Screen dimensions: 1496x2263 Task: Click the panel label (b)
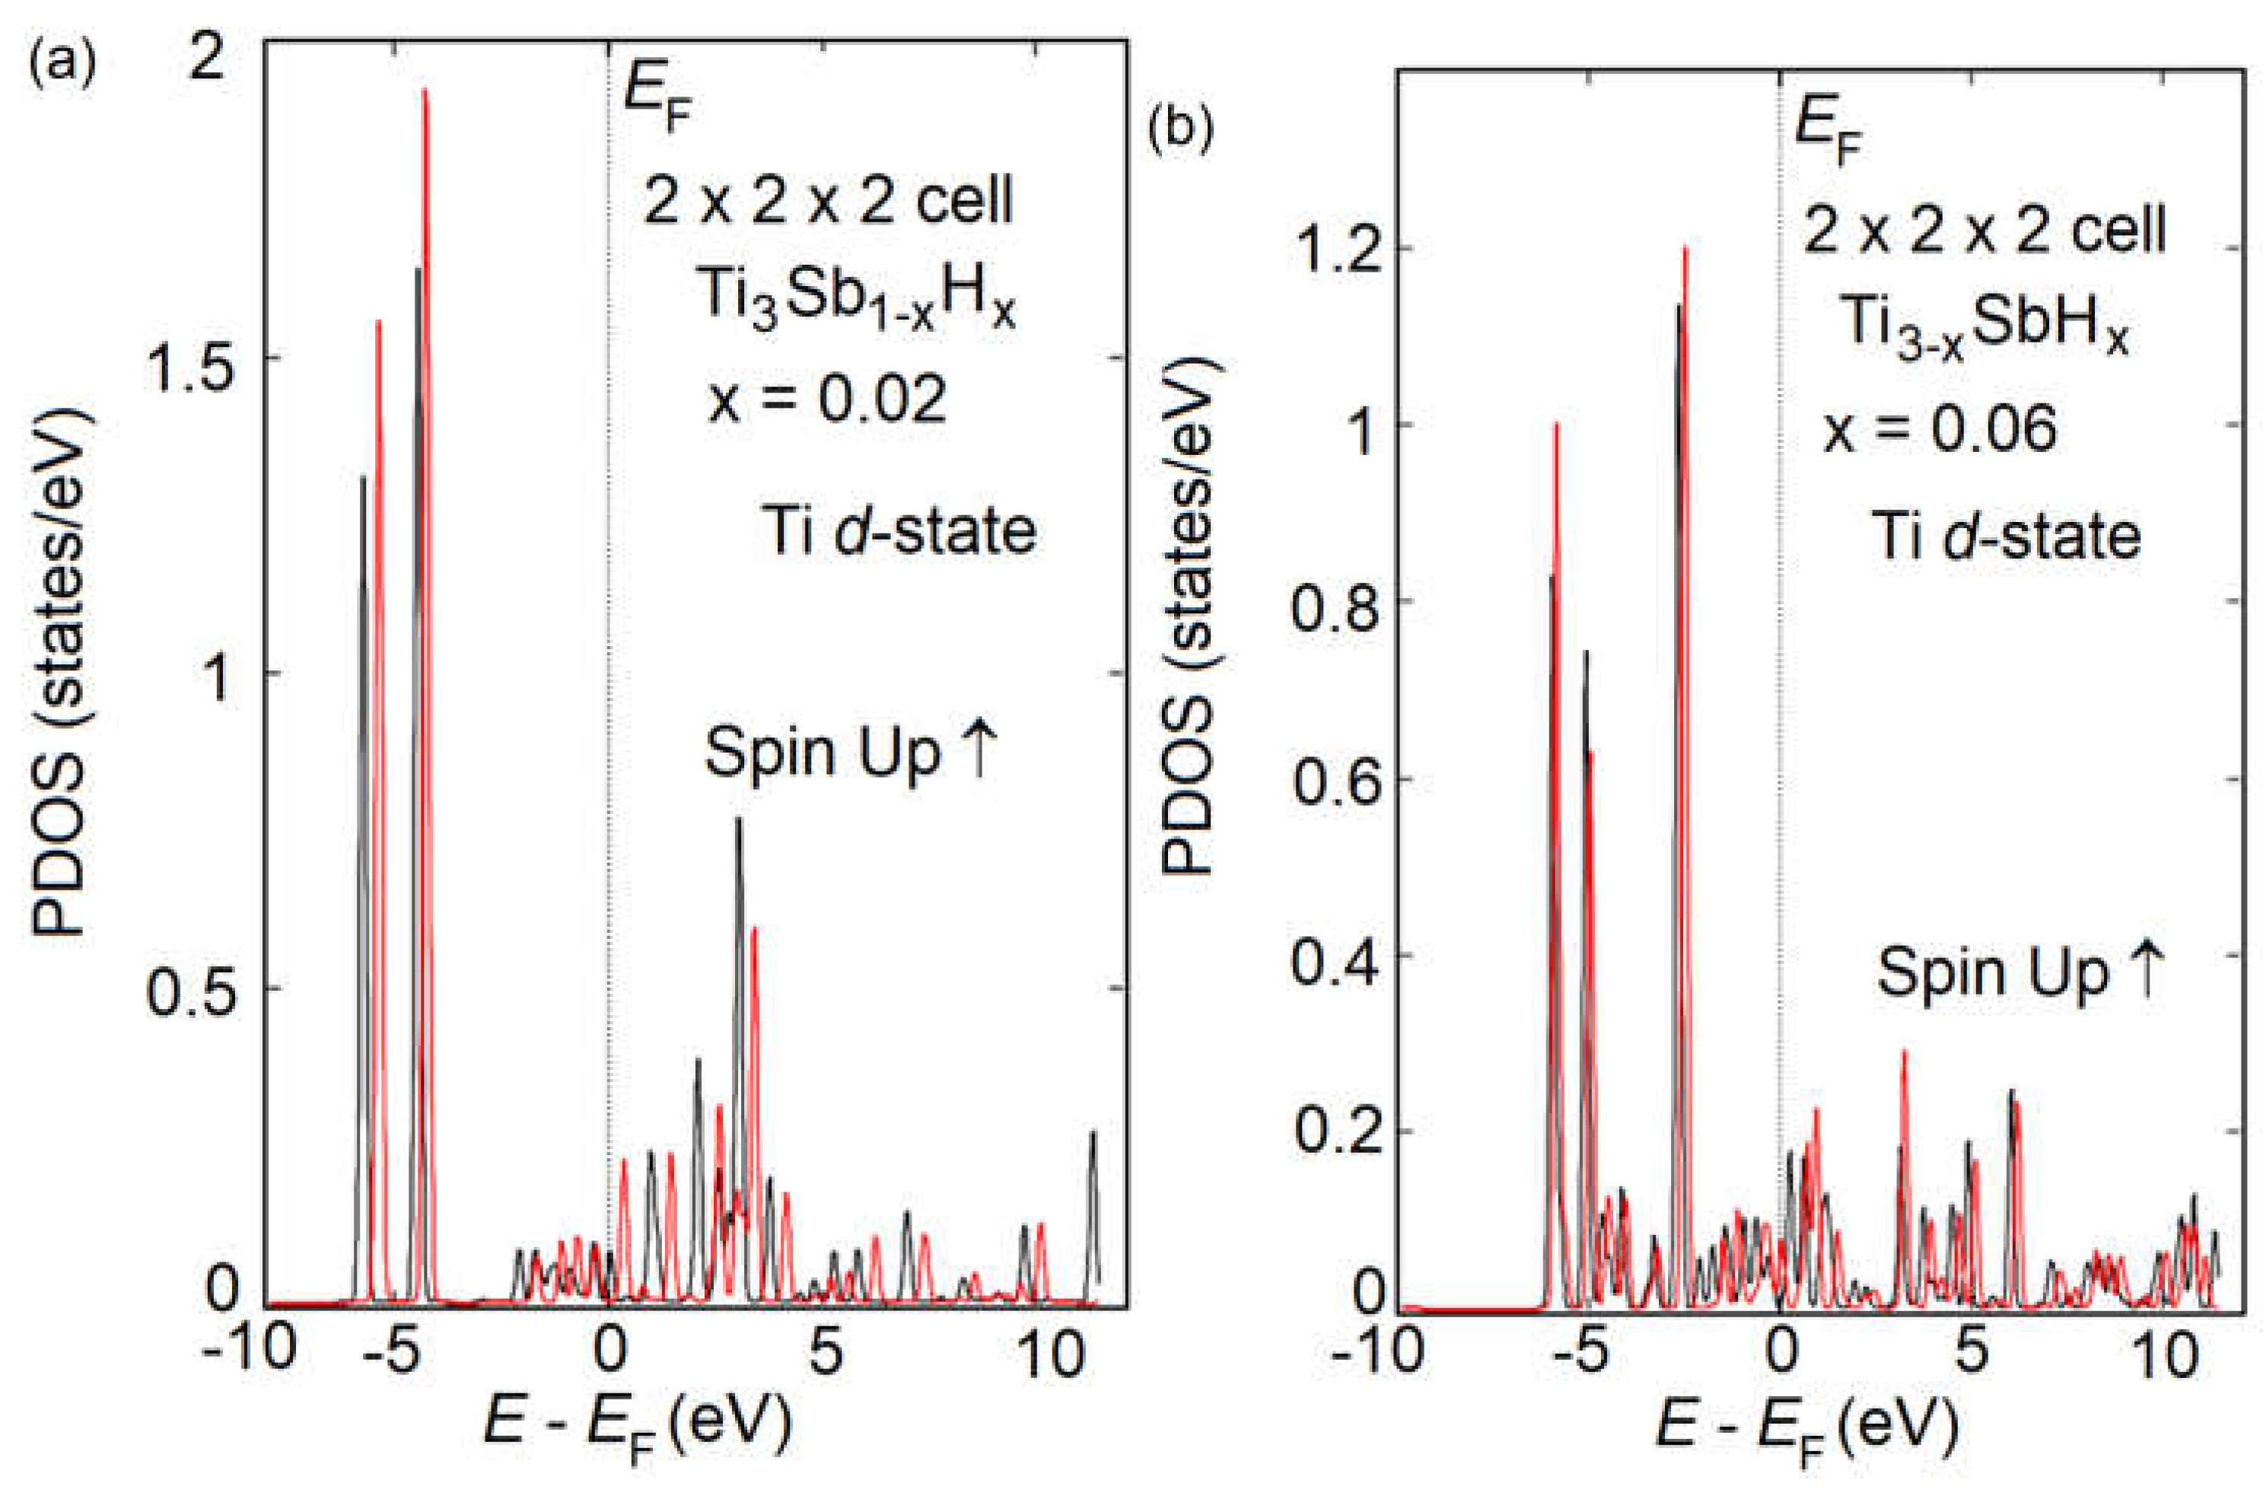tap(1180, 129)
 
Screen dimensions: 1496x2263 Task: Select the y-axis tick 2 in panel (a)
tap(207, 59)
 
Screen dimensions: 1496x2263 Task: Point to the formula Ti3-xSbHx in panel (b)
tap(1984, 326)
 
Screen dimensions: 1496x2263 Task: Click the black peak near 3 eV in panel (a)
tap(737, 820)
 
